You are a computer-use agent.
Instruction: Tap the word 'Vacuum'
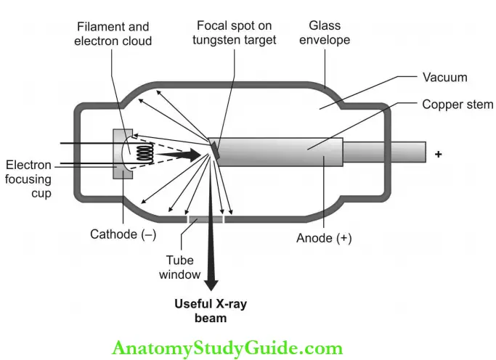(x=445, y=76)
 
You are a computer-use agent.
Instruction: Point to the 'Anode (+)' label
(x=324, y=237)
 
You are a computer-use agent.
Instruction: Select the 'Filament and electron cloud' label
(x=115, y=34)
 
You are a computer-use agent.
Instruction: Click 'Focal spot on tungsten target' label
(x=235, y=33)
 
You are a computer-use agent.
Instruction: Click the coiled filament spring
(x=146, y=154)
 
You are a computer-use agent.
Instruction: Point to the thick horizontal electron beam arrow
(x=179, y=155)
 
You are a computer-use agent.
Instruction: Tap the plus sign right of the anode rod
(x=438, y=155)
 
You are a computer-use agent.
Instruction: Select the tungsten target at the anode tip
(x=214, y=147)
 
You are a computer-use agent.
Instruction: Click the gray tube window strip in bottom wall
(x=206, y=218)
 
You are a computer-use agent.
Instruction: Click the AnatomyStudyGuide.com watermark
(x=227, y=348)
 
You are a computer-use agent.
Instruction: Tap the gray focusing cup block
(x=118, y=154)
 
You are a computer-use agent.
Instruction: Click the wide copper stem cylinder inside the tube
(x=280, y=153)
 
